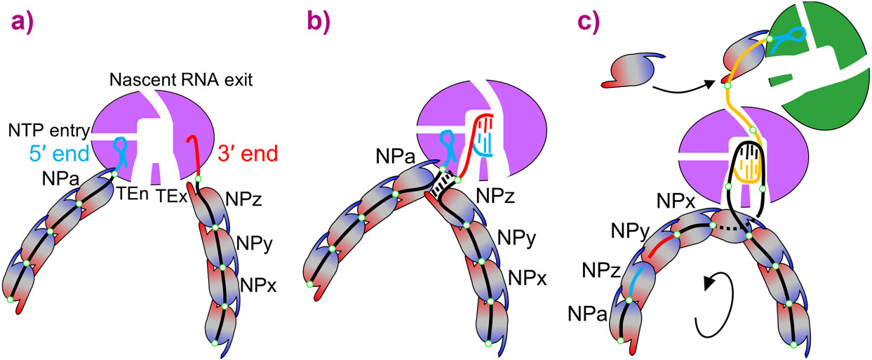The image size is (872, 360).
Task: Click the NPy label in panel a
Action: tap(256, 245)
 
